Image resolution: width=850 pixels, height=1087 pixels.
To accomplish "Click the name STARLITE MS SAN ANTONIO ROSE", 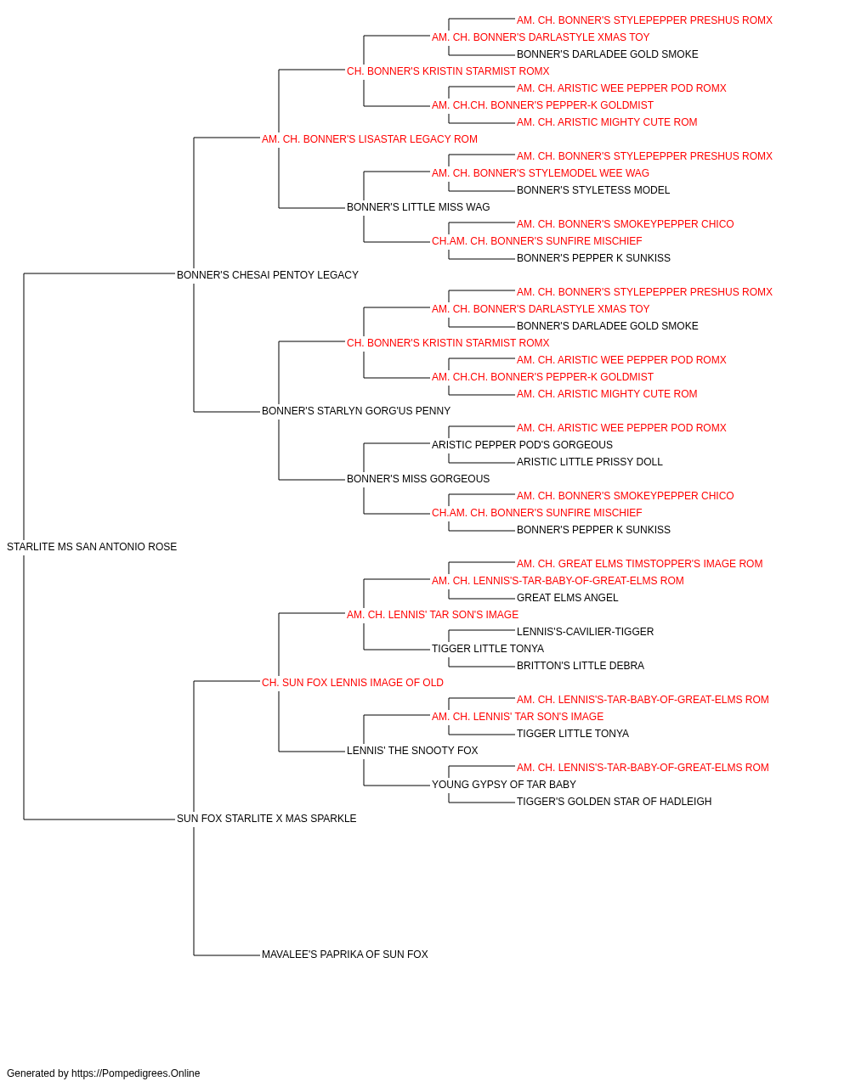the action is click(x=92, y=547).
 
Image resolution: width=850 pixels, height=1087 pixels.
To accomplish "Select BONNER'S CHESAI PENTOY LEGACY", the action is click(x=267, y=275).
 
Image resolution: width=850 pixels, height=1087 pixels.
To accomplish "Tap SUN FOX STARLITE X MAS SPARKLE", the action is click(x=266, y=819).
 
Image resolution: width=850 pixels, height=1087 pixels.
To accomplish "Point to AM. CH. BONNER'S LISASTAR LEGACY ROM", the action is click(x=370, y=139).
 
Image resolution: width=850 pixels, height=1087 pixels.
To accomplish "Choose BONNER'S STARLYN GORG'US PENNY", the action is click(x=356, y=411).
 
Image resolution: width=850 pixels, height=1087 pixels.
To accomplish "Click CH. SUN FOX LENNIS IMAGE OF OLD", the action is click(x=353, y=683).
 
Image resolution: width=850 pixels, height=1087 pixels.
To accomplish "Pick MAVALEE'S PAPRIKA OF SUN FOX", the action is click(x=345, y=955).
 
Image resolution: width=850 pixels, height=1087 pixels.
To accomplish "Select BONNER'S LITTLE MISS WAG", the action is click(x=418, y=207).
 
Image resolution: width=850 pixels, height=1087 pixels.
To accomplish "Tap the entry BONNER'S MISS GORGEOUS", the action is click(x=418, y=479).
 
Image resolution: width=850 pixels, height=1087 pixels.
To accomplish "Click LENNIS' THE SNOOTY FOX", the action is click(x=412, y=751).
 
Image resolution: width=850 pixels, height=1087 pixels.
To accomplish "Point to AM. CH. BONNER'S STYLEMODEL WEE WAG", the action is click(x=540, y=173).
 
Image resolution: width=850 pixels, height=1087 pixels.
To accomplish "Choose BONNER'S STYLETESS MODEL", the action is click(x=593, y=190).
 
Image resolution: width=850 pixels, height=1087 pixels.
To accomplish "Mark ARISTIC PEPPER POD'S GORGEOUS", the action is click(x=522, y=445).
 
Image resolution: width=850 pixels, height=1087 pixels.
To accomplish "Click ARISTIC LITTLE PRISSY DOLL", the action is click(x=590, y=462).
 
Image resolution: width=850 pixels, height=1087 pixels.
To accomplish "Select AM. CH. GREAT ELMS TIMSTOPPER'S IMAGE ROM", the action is click(x=640, y=564).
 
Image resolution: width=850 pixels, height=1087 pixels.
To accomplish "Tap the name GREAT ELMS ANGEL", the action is click(x=567, y=598).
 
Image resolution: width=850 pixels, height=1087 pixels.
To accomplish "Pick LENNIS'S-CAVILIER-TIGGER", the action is click(x=585, y=632).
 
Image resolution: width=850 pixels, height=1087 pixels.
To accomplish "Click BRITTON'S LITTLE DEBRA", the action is click(x=581, y=666).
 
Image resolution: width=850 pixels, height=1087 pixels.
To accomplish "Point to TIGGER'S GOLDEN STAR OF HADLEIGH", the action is click(x=614, y=802).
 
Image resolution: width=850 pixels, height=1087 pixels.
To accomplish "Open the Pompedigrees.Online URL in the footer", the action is click(x=136, y=1073).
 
